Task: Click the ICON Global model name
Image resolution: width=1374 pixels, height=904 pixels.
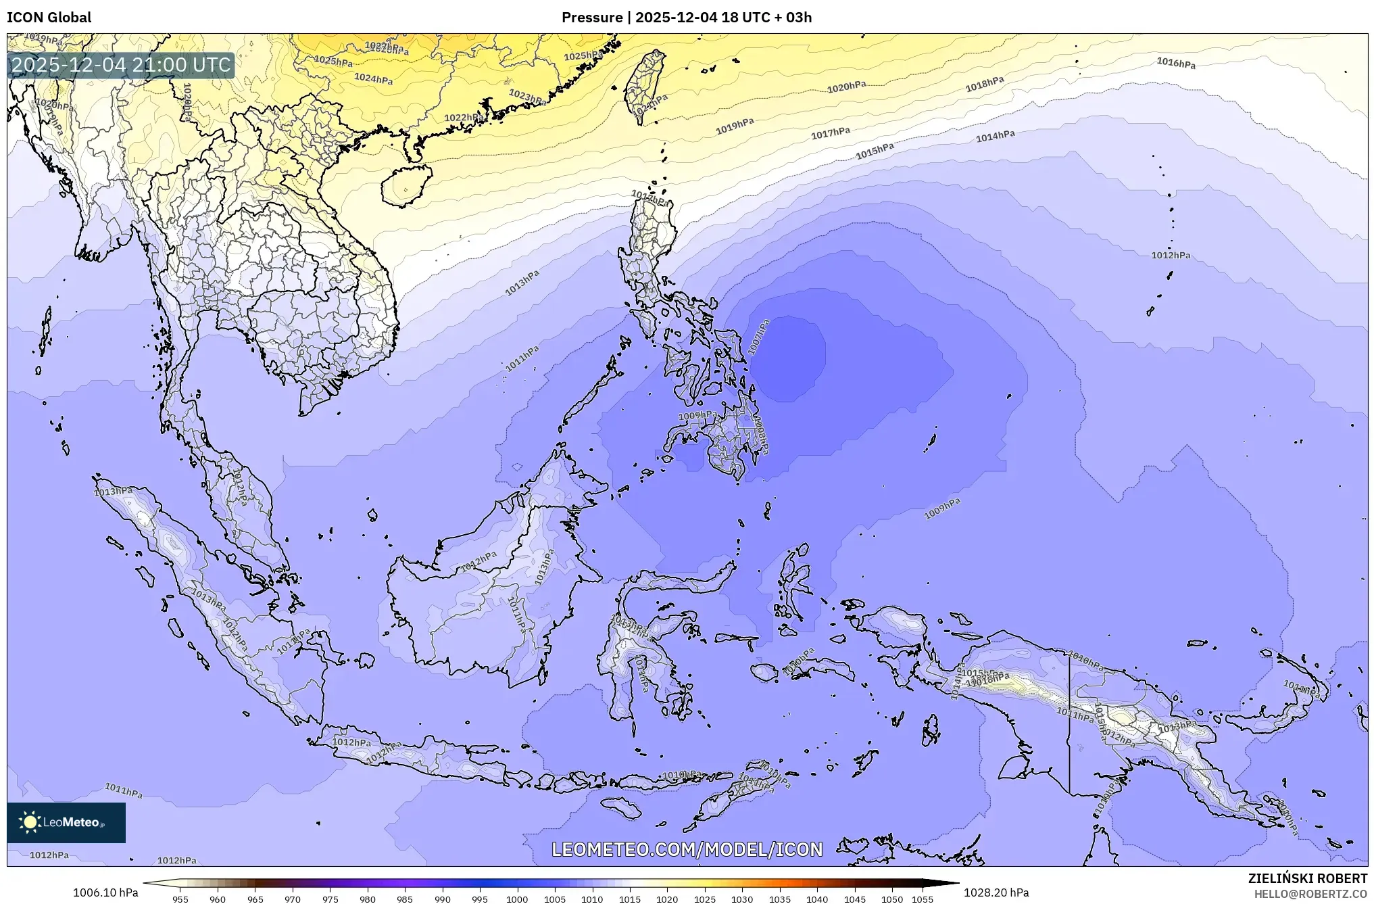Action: (49, 18)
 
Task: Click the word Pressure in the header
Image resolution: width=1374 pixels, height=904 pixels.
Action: (591, 18)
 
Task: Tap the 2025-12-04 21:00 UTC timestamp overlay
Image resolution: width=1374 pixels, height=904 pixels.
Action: (122, 65)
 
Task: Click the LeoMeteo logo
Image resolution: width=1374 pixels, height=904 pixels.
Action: (66, 822)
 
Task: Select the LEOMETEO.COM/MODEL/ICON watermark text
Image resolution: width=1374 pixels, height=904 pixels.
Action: (687, 849)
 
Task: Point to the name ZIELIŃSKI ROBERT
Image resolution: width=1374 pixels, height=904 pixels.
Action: (1307, 878)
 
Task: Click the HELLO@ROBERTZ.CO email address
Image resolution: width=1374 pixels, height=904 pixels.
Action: (1310, 894)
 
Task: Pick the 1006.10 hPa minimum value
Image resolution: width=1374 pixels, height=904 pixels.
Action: (105, 893)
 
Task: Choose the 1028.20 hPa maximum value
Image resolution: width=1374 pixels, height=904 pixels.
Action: (996, 893)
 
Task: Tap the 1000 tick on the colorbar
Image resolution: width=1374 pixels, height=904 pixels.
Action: (517, 899)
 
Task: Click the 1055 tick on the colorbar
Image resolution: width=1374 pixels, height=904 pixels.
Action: (922, 899)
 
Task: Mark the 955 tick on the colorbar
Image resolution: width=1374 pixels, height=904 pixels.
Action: (180, 899)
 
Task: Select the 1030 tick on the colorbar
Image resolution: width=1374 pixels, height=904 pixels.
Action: (741, 899)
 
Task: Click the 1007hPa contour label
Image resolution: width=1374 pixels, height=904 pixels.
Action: (759, 337)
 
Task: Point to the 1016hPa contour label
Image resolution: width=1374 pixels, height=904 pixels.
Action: (1175, 63)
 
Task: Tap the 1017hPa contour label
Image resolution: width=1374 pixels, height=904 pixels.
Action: (830, 133)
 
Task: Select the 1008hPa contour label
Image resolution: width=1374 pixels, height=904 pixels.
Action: (761, 434)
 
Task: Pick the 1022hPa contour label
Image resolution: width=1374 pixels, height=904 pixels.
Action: (463, 118)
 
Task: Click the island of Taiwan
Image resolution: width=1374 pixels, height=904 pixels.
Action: (643, 87)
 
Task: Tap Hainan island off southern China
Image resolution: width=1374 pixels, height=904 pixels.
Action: (406, 186)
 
